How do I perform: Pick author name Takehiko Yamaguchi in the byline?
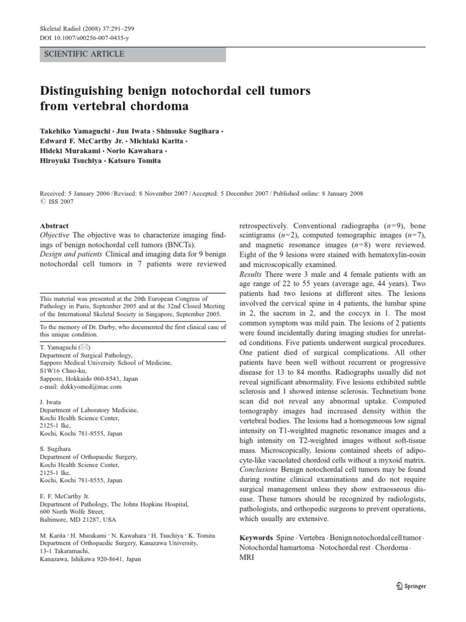pyautogui.click(x=78, y=131)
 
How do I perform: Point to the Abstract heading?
pyautogui.click(x=54, y=225)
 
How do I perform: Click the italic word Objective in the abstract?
pyautogui.click(x=56, y=235)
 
